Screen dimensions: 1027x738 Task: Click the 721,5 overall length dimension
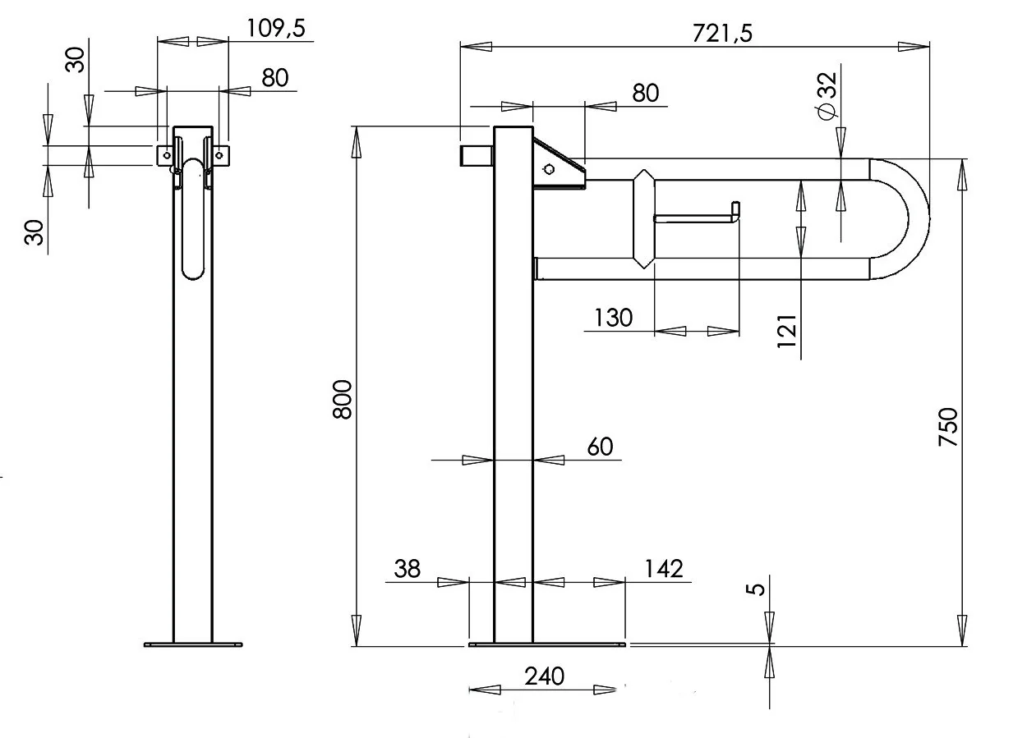(x=722, y=34)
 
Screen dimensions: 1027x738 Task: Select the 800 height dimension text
(x=343, y=400)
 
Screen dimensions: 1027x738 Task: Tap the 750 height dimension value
(x=948, y=427)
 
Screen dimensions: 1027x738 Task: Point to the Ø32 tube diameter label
(x=827, y=96)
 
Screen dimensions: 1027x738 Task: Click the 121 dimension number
(x=787, y=331)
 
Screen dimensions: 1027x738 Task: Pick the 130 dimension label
(x=613, y=318)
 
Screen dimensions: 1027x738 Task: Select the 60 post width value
(x=600, y=447)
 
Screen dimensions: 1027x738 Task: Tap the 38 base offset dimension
(x=408, y=569)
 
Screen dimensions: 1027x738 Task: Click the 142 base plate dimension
(x=664, y=569)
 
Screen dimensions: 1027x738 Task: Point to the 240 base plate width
(x=544, y=676)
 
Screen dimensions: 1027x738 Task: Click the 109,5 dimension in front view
(x=276, y=29)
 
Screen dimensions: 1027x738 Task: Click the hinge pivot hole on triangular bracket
(x=550, y=169)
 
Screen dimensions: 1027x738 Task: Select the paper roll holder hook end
(x=735, y=211)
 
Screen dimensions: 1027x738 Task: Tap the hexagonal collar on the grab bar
(x=643, y=219)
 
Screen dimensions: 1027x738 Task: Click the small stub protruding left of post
(x=477, y=156)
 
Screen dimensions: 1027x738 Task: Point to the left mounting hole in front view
(x=167, y=155)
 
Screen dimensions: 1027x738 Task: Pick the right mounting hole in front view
(x=219, y=155)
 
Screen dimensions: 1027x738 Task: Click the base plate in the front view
(x=193, y=644)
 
